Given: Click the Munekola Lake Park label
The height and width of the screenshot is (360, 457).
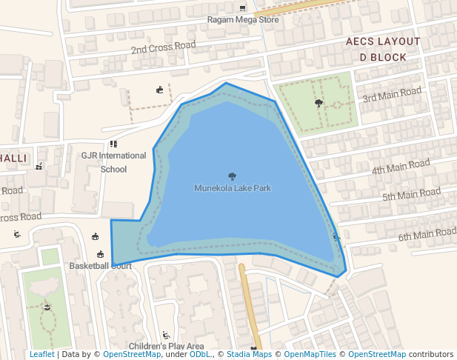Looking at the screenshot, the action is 233,188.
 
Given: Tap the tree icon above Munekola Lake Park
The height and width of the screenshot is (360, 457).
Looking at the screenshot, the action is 233,176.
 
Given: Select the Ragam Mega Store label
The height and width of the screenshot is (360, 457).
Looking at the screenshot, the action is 243,20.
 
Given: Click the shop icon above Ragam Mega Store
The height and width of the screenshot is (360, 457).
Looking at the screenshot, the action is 242,8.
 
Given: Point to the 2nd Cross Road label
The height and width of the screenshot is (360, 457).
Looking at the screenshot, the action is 163,48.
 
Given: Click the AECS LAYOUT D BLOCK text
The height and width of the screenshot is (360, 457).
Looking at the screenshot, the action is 383,49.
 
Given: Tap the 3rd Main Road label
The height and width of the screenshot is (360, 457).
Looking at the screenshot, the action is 392,94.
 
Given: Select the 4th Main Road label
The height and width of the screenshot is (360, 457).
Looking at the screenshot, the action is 401,167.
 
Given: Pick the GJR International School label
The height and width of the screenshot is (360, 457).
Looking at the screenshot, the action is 114,162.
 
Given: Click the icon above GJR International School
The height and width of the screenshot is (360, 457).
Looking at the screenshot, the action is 113,144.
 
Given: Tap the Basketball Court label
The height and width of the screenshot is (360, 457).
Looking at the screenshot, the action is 100,265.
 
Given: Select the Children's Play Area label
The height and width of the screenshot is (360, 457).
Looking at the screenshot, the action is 166,346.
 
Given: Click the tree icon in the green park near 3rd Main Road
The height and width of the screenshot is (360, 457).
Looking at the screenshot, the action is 319,103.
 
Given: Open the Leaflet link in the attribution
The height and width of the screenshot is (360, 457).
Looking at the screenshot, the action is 41,355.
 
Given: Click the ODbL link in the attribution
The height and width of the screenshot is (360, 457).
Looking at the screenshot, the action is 200,355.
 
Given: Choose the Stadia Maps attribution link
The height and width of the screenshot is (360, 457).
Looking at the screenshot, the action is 249,355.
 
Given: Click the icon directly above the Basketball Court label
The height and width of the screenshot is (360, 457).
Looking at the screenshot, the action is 100,254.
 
